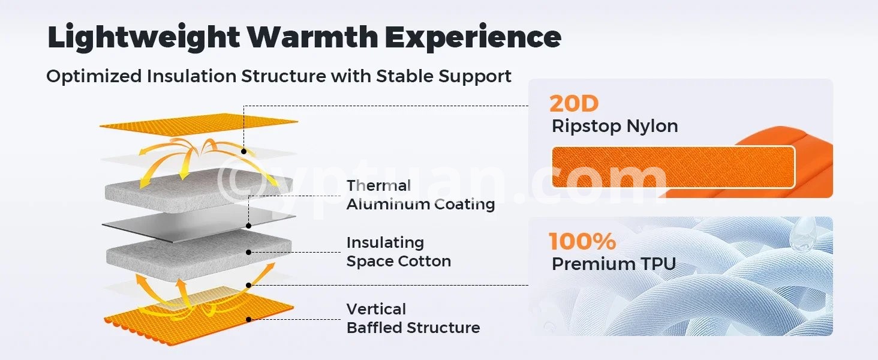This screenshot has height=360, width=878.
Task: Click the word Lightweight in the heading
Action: pyautogui.click(x=143, y=37)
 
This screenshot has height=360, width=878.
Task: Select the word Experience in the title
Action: pyautogui.click(x=473, y=37)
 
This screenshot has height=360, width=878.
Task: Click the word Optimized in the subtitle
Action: pyautogui.click(x=94, y=76)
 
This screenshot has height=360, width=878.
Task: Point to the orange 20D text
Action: pyautogui.click(x=574, y=104)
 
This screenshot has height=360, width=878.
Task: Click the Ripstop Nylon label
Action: pyautogui.click(x=615, y=127)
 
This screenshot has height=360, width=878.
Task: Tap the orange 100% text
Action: pyautogui.click(x=582, y=241)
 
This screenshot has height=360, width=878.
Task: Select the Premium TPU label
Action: pyautogui.click(x=614, y=264)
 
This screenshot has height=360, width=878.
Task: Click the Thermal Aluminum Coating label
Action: pyautogui.click(x=420, y=195)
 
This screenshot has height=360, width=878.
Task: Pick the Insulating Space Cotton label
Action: pyautogui.click(x=399, y=252)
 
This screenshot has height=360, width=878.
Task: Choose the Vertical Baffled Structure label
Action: pyautogui.click(x=413, y=319)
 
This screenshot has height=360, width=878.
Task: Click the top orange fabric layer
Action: pyautogui.click(x=199, y=125)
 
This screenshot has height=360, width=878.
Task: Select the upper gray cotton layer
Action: pyautogui.click(x=199, y=191)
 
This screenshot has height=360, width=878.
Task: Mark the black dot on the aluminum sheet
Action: pyautogui.click(x=248, y=226)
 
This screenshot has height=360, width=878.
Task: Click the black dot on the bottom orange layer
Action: pyautogui.click(x=248, y=320)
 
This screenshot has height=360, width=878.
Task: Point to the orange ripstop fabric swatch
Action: pyautogui.click(x=673, y=167)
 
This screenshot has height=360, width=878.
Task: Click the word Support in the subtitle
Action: pyautogui.click(x=474, y=77)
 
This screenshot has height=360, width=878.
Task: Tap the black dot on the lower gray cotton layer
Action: pyautogui.click(x=248, y=252)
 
